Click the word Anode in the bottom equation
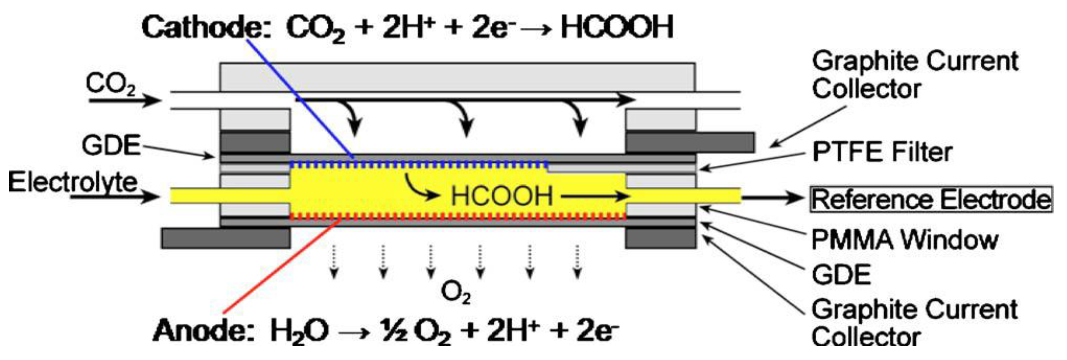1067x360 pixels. tap(203, 331)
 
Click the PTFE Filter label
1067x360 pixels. tap(882, 152)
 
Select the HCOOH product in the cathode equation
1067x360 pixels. tap(617, 27)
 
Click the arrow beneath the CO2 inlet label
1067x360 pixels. tap(124, 100)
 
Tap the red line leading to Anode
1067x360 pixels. tap(282, 265)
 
